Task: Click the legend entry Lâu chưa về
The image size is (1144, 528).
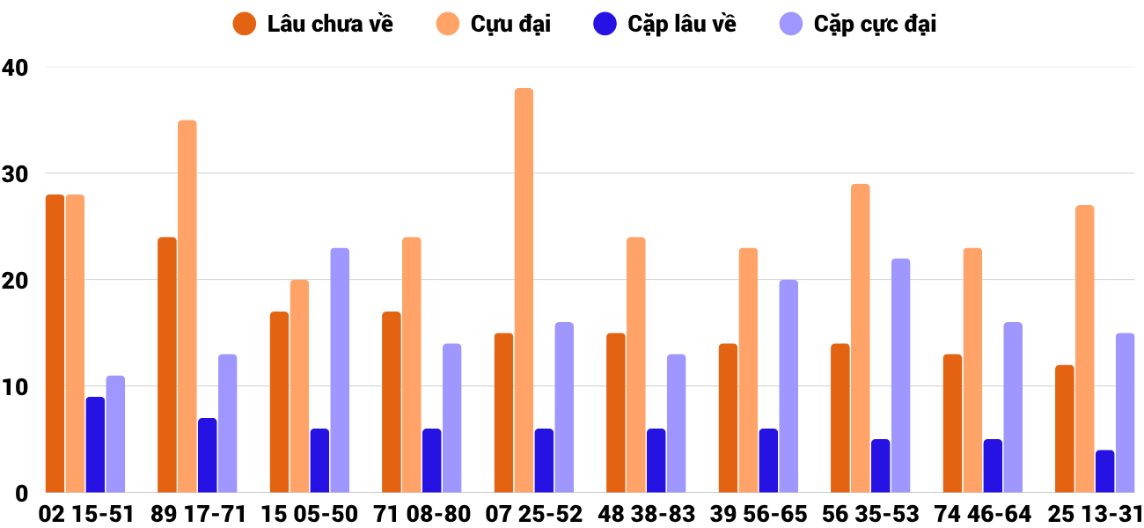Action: tap(330, 24)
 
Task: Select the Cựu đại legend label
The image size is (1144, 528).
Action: tap(510, 24)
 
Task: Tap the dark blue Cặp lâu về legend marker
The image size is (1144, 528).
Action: tap(605, 24)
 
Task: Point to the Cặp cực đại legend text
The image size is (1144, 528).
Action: tap(875, 24)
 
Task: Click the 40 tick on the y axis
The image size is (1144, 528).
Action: tap(15, 67)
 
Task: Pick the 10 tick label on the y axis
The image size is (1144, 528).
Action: tap(15, 387)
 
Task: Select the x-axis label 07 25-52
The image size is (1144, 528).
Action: tap(535, 514)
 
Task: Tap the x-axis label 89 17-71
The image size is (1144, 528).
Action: tap(198, 514)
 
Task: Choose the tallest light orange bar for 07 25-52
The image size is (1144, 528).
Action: tap(524, 290)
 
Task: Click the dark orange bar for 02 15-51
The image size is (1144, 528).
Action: tap(55, 343)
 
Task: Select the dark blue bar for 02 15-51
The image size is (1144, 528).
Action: tap(95, 444)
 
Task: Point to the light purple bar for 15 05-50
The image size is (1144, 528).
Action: tap(340, 370)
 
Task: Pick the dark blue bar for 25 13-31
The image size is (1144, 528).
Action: tap(1104, 471)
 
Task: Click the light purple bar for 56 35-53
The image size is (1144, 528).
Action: tap(900, 376)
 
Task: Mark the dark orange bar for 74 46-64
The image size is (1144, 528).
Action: tap(952, 423)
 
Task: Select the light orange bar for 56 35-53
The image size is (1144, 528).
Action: tap(860, 338)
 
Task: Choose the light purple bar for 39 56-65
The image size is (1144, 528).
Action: tap(788, 386)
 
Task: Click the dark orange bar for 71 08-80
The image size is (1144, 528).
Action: tap(392, 402)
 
